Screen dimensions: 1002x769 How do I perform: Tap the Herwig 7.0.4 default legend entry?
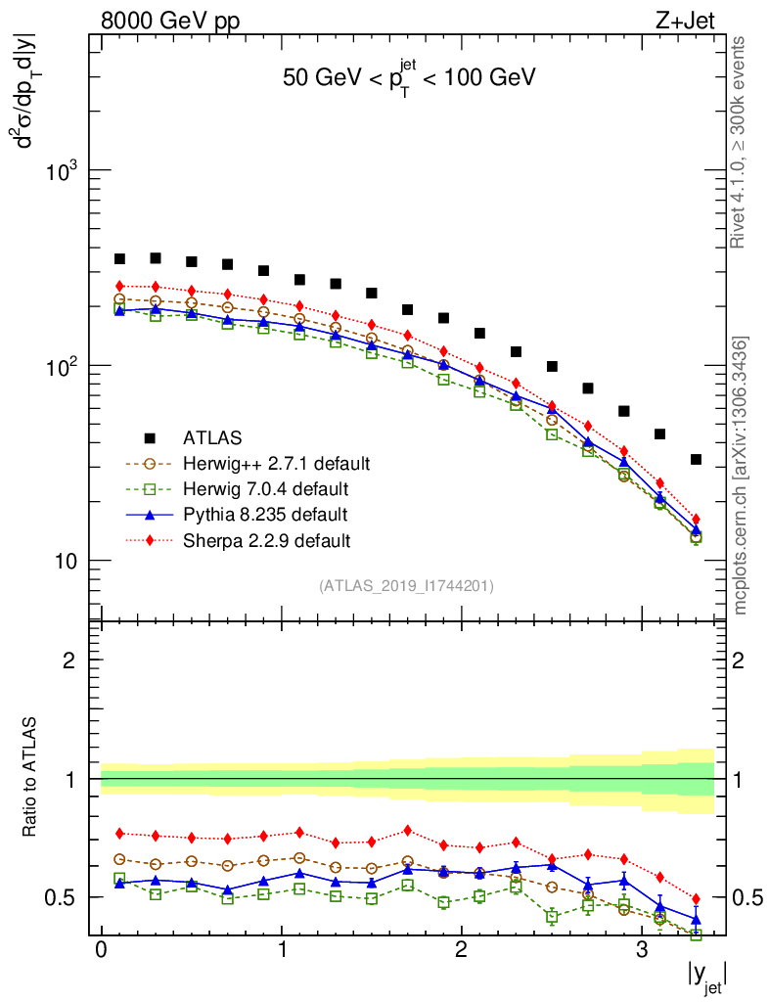264,487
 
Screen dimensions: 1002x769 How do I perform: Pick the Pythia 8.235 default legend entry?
264,514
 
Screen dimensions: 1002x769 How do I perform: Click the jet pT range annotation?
409,78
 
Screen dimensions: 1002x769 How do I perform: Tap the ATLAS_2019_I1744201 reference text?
406,586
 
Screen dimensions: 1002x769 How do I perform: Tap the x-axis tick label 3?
642,950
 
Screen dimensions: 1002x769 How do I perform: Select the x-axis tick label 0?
101,950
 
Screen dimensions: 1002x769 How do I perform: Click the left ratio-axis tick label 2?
69,660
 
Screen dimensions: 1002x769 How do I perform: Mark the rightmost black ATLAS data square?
696,459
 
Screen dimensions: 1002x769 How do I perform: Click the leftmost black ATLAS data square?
119,258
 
